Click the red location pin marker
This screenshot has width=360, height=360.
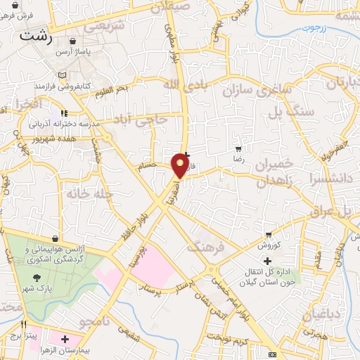[180, 165]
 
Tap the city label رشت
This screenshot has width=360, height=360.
[37, 36]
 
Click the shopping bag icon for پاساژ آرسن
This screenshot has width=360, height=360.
[74, 41]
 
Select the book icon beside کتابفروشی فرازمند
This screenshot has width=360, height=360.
[63, 75]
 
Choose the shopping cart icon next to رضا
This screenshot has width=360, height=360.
[239, 149]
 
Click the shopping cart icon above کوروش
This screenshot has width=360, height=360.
[269, 235]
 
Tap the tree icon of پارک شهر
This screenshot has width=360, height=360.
[37, 277]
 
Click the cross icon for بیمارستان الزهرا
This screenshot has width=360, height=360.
[65, 340]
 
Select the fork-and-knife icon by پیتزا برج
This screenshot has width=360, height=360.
[24, 325]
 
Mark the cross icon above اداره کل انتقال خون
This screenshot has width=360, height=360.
[266, 262]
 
